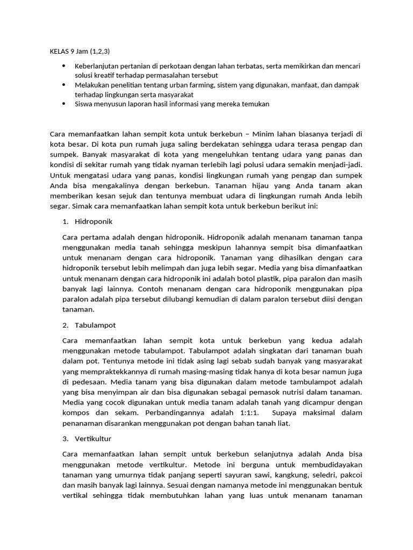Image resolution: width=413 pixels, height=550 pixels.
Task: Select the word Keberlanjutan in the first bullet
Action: coord(95,66)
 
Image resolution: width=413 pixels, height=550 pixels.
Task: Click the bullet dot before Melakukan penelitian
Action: coord(64,85)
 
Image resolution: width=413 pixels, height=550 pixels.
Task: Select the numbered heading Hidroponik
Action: coord(95,221)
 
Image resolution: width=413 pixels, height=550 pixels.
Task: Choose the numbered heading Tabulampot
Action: coord(96,325)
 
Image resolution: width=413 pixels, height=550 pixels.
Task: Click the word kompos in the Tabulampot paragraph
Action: coord(76,412)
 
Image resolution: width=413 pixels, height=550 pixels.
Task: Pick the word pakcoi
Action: coord(350,474)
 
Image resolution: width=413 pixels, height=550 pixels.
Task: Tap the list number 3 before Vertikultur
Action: coord(65,438)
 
